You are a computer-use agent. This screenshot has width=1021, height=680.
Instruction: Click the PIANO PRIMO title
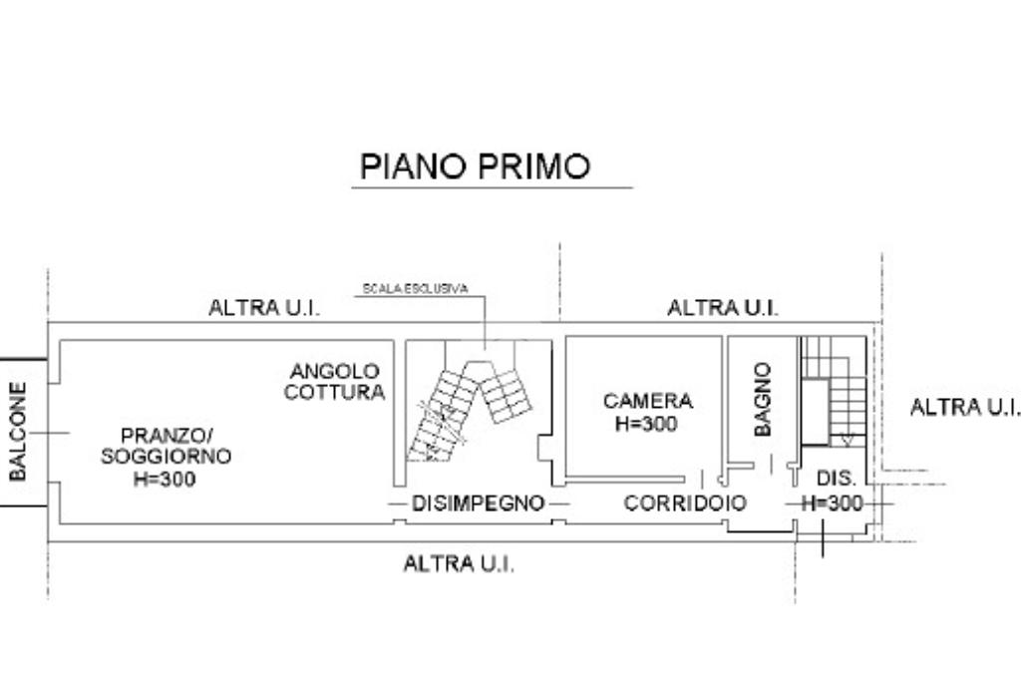[475, 166]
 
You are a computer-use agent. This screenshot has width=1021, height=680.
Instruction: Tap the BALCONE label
[18, 431]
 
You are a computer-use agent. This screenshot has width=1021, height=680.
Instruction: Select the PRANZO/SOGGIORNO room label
[166, 446]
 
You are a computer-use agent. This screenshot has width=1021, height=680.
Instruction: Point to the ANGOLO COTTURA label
[334, 382]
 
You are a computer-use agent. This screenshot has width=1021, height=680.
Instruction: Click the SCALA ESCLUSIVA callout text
[415, 289]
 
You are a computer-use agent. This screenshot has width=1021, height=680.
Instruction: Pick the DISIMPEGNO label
[479, 504]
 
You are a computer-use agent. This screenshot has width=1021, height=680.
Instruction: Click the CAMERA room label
[647, 401]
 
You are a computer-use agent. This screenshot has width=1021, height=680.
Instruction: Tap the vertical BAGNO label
[763, 399]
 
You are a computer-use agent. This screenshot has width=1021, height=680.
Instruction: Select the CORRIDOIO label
[684, 504]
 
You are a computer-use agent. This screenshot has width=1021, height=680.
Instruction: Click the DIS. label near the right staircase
[836, 479]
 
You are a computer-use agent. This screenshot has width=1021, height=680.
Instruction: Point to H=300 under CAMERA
[647, 423]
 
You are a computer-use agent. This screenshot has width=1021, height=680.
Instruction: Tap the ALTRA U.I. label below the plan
[459, 563]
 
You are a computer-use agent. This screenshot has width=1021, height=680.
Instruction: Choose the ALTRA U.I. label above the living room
[264, 307]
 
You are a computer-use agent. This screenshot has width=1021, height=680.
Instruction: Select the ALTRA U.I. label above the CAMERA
[722, 307]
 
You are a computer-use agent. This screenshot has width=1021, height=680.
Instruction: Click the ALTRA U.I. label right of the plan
[964, 407]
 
